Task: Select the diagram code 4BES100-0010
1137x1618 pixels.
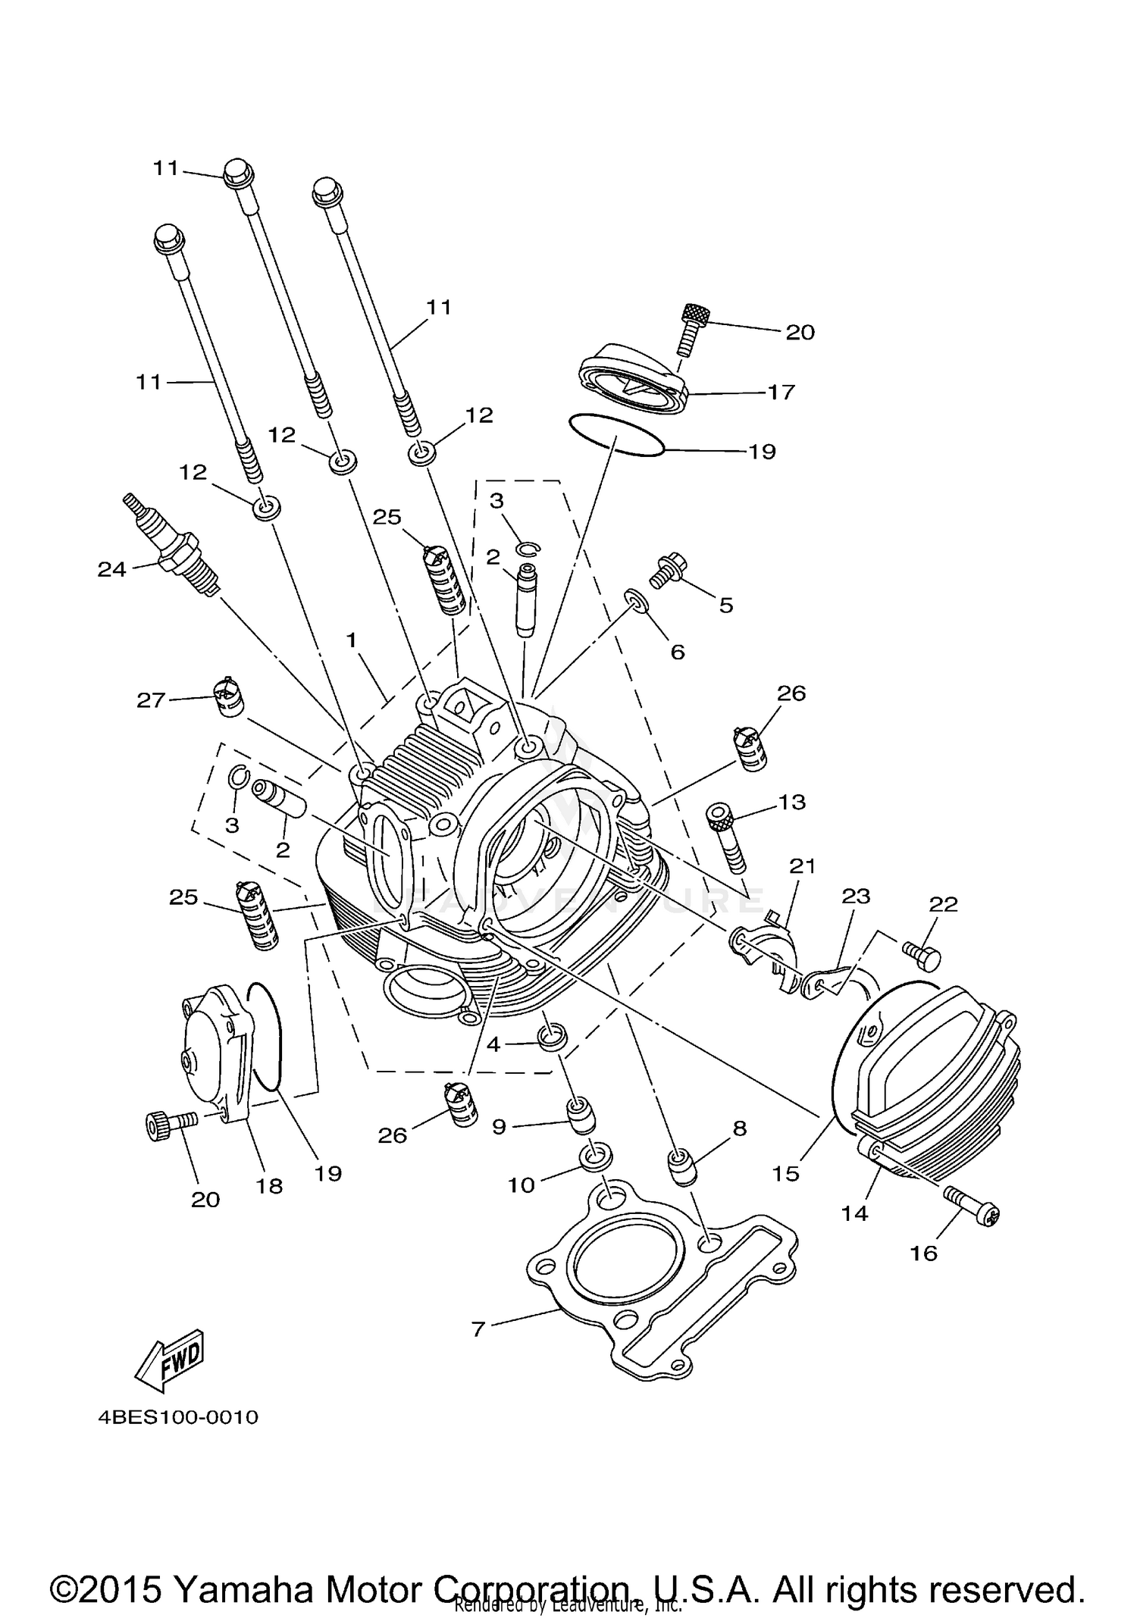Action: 178,1417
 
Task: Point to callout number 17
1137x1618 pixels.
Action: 781,392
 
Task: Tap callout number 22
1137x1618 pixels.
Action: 943,904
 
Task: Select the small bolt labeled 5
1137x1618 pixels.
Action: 669,569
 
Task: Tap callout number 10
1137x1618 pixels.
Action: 521,1185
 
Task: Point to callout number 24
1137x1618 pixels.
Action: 111,568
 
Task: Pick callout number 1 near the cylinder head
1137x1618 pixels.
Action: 351,640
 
